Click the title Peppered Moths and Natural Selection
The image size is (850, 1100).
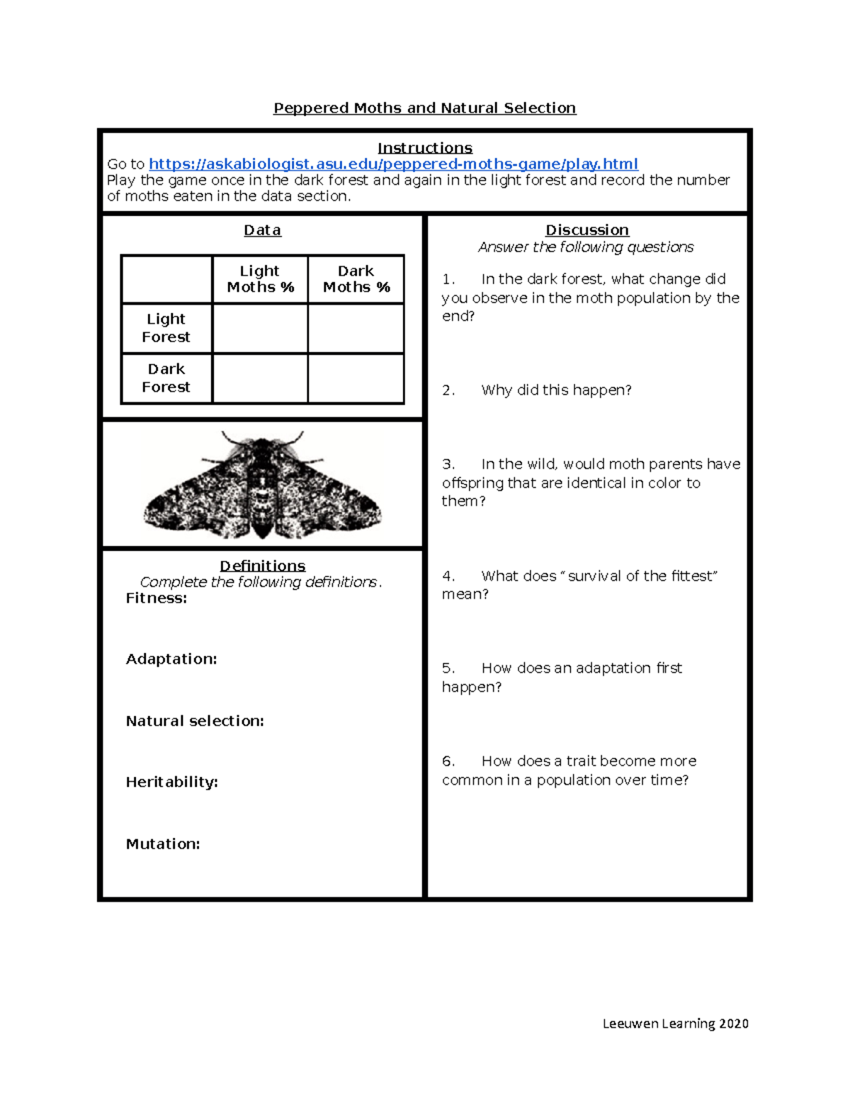424,108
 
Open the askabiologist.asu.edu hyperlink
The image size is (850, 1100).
393,164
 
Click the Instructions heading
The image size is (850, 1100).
424,148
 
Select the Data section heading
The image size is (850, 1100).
262,230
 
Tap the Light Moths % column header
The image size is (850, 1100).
260,279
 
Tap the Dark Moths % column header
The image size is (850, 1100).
356,279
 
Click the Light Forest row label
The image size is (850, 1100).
166,328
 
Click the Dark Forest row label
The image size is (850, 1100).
166,378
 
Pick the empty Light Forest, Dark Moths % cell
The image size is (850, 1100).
356,329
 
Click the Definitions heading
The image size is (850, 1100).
262,566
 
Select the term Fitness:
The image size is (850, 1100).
157,599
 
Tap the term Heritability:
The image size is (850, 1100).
171,782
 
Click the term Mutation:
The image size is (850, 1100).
163,844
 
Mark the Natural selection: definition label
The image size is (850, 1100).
195,721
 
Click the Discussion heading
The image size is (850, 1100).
586,230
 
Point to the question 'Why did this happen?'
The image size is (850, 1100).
556,390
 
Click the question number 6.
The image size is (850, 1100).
448,761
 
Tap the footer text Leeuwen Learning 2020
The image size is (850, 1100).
675,1024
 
